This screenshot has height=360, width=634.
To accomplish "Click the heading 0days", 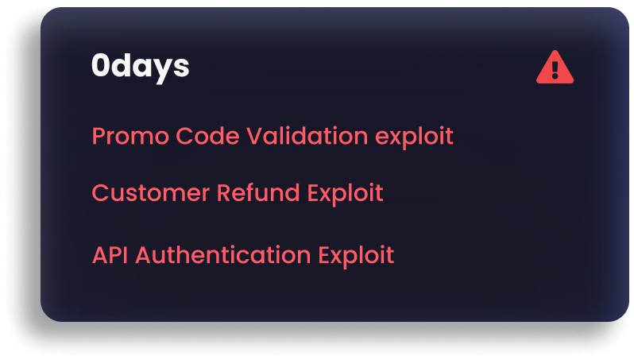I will pos(140,67).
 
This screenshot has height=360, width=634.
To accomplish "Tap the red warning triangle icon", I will pos(555,68).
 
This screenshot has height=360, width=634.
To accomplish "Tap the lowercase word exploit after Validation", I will pos(414,137).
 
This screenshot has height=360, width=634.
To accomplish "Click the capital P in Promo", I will pos(99,136).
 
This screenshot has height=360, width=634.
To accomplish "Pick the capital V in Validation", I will pos(254,136).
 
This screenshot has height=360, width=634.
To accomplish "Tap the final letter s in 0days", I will pos(182,68).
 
